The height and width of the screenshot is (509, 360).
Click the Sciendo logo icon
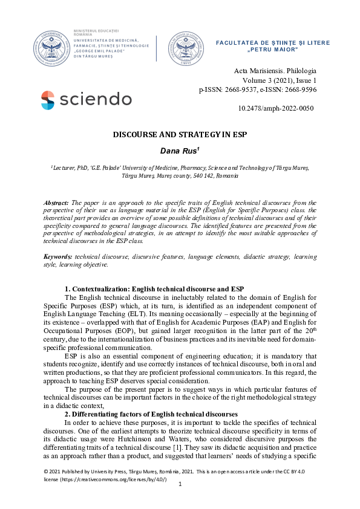[48, 100]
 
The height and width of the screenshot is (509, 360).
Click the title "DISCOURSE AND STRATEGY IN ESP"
[180, 134]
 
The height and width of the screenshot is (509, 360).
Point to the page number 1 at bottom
[180, 501]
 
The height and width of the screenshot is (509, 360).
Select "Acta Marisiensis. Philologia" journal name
[275, 71]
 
